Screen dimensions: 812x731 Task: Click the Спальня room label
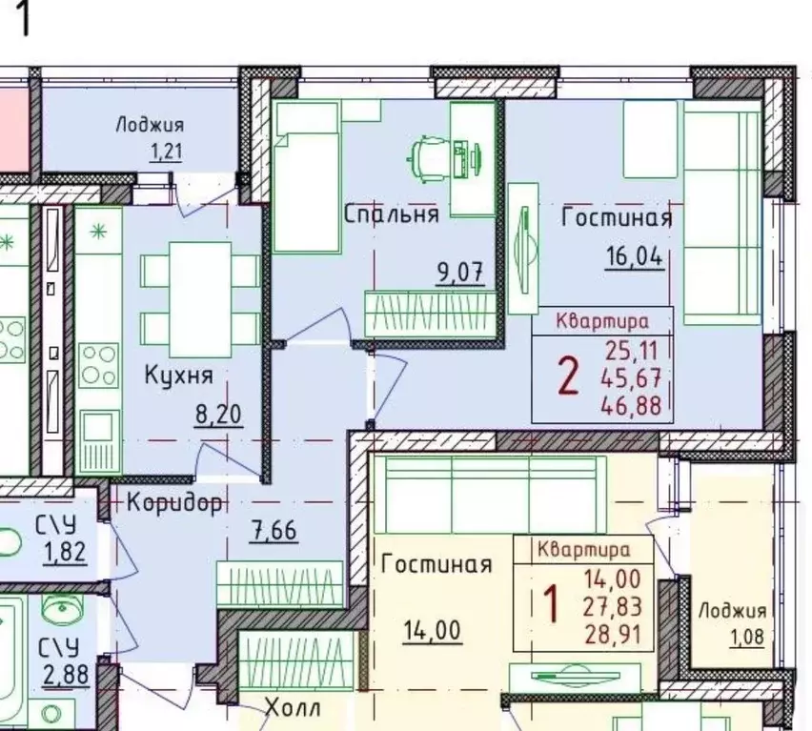392,213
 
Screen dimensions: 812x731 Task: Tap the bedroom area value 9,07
460,273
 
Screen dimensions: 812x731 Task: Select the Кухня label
178,375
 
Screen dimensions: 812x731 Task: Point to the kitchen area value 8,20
218,415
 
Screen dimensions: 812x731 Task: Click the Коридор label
175,502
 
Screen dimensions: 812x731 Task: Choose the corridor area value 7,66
274,530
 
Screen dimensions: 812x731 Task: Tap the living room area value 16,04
635,255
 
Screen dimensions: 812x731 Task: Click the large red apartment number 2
568,377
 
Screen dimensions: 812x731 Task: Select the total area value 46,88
631,405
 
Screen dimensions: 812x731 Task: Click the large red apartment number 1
551,604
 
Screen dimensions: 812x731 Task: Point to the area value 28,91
613,635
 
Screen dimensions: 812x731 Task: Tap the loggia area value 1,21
166,152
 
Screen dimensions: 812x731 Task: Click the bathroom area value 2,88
66,675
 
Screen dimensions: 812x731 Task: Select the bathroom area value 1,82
65,552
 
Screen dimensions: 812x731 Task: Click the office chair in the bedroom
428,157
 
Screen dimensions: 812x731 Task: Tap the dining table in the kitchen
200,299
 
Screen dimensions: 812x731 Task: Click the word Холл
293,708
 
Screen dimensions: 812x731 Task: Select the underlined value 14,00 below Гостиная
432,631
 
